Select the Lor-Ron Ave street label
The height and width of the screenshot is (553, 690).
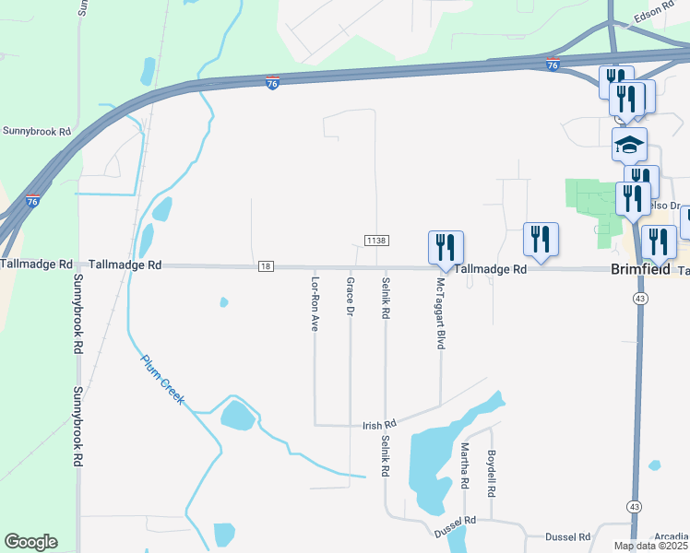click(315, 303)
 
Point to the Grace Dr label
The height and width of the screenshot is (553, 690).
click(351, 298)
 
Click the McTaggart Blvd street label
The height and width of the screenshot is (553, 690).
click(441, 312)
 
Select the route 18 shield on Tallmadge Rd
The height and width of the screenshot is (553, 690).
click(267, 265)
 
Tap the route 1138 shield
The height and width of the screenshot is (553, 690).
click(376, 241)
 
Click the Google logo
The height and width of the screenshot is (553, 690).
click(30, 542)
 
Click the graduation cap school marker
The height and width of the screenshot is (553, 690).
click(630, 145)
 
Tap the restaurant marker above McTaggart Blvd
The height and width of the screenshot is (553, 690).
click(446, 247)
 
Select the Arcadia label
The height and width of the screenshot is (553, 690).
click(672, 537)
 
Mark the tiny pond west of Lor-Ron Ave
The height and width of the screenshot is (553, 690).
click(223, 301)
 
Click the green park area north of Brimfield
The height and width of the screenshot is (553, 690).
click(590, 203)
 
